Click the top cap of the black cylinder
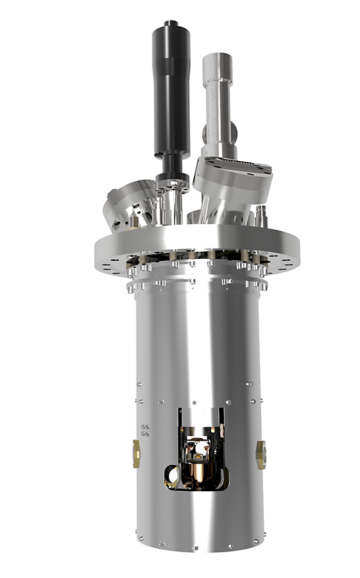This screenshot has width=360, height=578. pyautogui.click(x=171, y=25)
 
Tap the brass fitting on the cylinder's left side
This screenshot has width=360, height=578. pyautogui.click(x=136, y=452)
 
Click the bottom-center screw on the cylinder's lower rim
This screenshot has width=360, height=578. pyautogui.click(x=196, y=548)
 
